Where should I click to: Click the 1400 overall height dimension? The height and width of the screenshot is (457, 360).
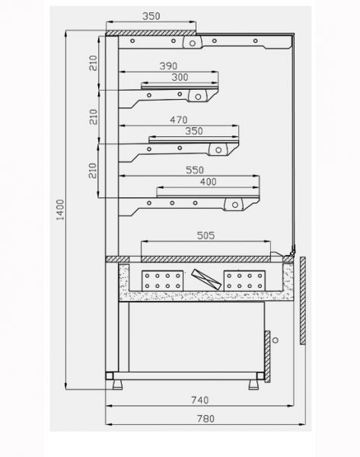(60, 209)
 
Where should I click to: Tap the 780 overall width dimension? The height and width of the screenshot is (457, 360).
(205, 419)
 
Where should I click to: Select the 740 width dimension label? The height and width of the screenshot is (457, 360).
(200, 400)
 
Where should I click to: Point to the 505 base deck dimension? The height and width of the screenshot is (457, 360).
(205, 235)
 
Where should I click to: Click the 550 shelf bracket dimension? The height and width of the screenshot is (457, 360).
(195, 170)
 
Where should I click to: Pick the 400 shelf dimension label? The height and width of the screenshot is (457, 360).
(209, 182)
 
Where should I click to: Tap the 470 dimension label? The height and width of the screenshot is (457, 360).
(179, 120)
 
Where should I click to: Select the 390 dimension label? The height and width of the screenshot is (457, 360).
(168, 66)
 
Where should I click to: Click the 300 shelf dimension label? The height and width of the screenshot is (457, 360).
(180, 77)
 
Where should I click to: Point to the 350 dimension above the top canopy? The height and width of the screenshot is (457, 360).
(151, 16)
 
